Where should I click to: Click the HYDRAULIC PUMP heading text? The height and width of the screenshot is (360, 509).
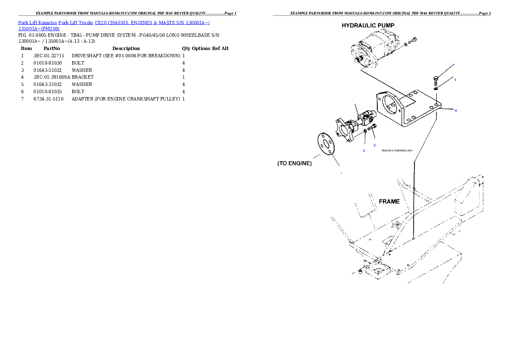368,26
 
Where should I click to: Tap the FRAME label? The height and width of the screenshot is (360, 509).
389,201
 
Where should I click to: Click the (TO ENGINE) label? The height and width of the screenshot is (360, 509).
295,163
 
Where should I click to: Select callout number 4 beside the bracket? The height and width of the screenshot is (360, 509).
456,111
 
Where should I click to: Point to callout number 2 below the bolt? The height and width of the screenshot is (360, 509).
375,145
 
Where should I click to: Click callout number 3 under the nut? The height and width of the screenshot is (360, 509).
364,151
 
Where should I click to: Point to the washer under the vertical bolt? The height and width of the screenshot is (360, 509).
435,89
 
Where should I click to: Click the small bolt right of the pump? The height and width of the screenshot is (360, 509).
412,42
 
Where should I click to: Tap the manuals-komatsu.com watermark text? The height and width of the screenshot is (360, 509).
397,150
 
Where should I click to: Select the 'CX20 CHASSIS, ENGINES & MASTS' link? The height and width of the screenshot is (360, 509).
133,22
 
